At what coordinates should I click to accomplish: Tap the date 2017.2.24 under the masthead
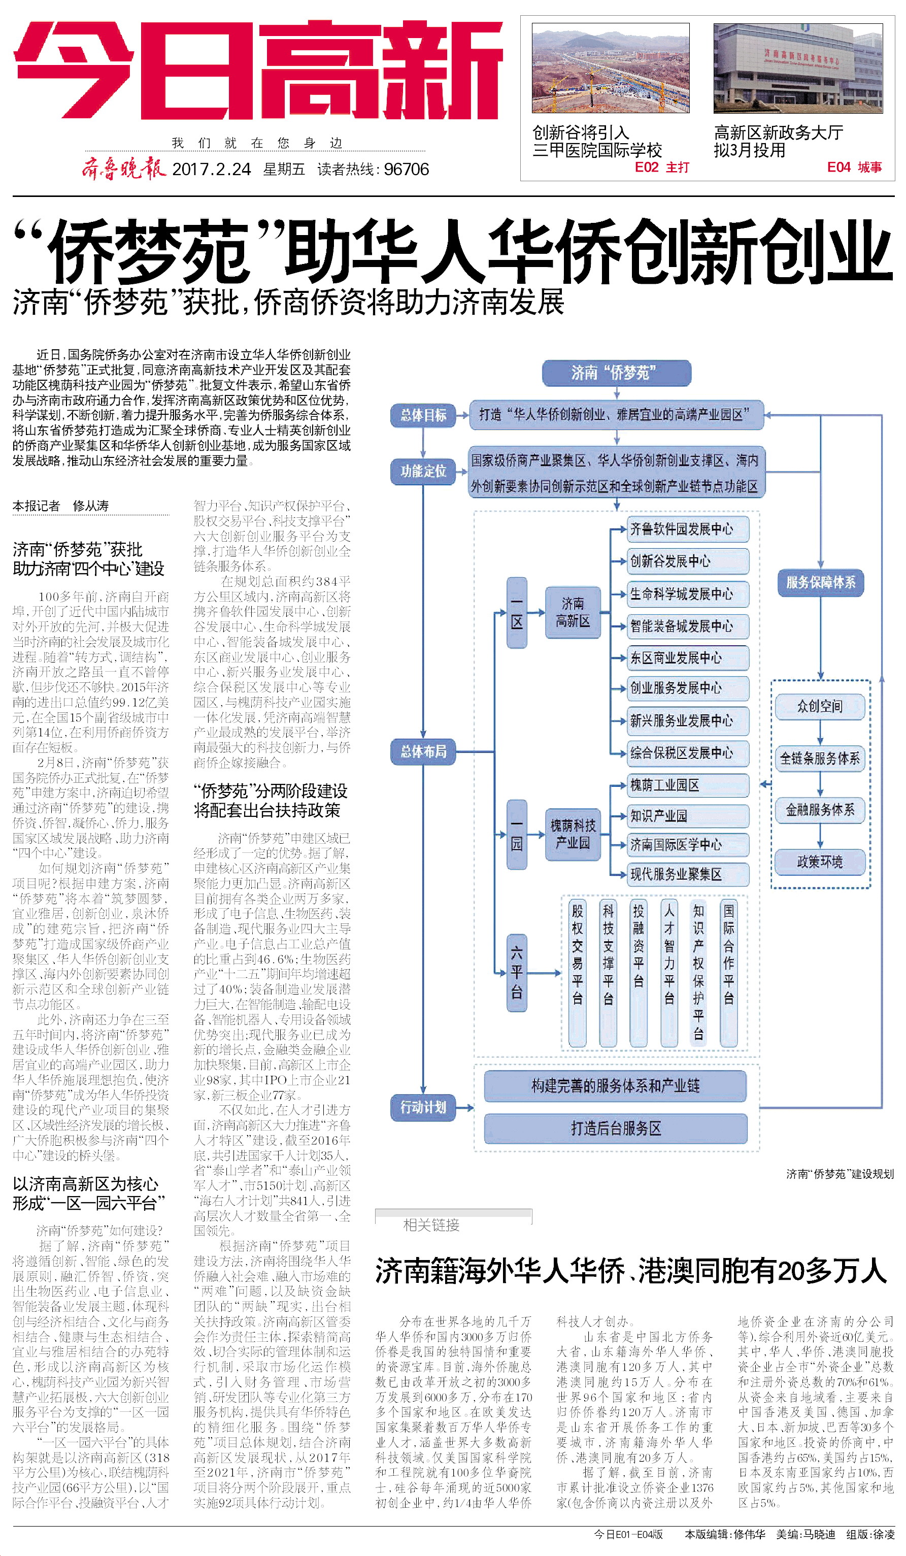point(211,169)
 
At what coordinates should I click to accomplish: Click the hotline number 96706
point(406,169)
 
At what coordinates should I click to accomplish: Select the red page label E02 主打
point(661,168)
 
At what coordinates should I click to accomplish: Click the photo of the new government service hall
point(797,68)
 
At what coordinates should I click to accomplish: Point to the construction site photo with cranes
point(611,68)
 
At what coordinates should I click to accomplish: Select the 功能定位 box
point(423,472)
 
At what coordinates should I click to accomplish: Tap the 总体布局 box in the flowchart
point(423,751)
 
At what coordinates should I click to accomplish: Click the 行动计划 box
point(423,1107)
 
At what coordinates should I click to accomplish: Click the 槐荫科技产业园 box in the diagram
point(573,834)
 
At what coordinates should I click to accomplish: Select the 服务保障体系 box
point(820,582)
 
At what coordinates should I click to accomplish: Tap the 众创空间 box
point(820,706)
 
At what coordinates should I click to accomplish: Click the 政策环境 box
point(820,862)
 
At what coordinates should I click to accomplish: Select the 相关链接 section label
point(431,1225)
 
